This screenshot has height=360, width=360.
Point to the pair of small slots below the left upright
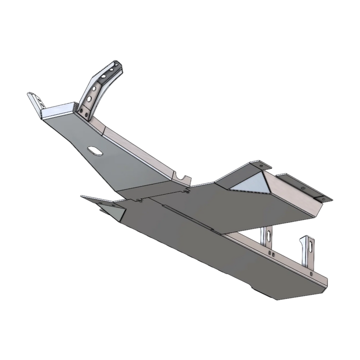(269, 253)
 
